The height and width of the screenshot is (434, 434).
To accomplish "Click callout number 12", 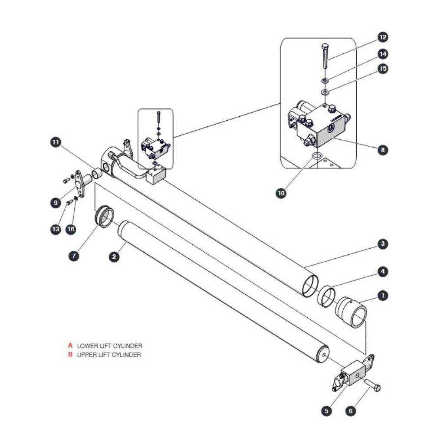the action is click(x=383, y=37).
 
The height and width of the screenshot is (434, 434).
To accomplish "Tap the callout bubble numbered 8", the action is click(x=383, y=150).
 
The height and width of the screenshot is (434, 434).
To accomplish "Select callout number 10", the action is click(x=281, y=193).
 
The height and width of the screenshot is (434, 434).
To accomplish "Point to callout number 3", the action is click(x=383, y=244).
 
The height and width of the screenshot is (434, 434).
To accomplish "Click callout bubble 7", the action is click(x=74, y=256).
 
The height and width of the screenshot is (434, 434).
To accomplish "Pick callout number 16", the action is click(x=71, y=229).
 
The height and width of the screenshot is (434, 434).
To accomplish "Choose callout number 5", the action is click(x=326, y=411).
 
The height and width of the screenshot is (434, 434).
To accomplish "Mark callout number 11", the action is click(x=56, y=142).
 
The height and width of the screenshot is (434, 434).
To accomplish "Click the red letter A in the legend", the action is click(x=70, y=345).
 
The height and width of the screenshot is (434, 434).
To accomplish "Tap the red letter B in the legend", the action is click(x=70, y=354).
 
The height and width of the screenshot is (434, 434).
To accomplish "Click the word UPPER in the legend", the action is click(x=85, y=355).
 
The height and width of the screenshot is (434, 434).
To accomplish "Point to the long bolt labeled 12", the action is click(x=325, y=56).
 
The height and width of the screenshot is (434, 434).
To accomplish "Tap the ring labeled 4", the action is click(x=327, y=297).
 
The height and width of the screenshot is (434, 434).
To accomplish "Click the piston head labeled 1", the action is click(x=352, y=312).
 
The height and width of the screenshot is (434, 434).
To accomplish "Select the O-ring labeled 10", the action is click(x=317, y=156).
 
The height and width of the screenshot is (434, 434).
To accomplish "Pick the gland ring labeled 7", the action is click(x=104, y=216).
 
